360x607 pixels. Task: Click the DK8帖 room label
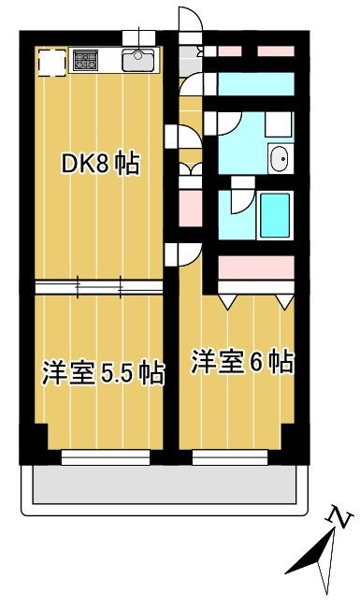101,165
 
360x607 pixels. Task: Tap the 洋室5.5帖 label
102,373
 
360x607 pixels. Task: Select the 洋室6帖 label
243,362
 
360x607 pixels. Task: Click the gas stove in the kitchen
87,61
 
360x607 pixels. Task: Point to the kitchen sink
137,62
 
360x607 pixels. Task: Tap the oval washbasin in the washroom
279,160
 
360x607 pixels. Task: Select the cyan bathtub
276,217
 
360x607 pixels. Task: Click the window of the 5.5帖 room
106,456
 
